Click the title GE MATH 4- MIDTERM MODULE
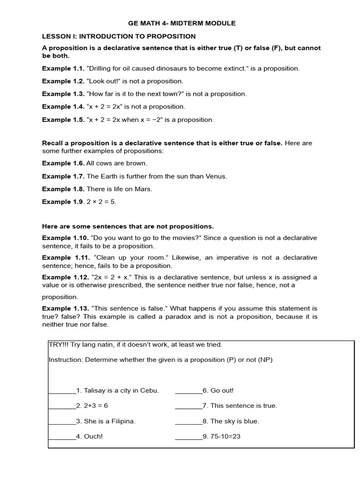[182, 23]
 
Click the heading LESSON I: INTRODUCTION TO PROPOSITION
[119, 36]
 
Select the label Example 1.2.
[63, 81]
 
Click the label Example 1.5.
[63, 120]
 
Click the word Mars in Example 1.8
[144, 189]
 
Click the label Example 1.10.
[65, 238]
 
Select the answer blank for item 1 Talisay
[62, 391]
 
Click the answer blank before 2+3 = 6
[62, 406]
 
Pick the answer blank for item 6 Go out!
[188, 391]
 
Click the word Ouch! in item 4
[93, 436]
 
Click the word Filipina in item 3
[121, 421]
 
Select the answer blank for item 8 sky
[188, 421]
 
